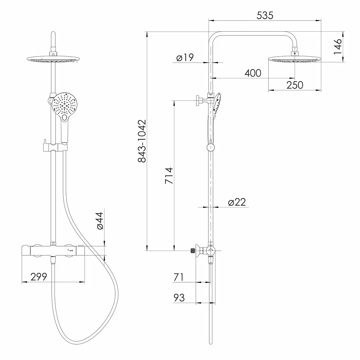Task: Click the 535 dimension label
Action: [x=265, y=15]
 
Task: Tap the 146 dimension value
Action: [x=337, y=47]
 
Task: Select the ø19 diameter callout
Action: [x=185, y=57]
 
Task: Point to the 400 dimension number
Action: [x=253, y=73]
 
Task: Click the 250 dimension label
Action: [x=295, y=85]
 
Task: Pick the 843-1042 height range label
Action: [x=142, y=141]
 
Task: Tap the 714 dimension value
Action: [x=169, y=176]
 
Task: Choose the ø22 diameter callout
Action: [x=237, y=202]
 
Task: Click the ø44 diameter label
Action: [x=100, y=221]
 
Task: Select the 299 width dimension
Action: [x=39, y=277]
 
